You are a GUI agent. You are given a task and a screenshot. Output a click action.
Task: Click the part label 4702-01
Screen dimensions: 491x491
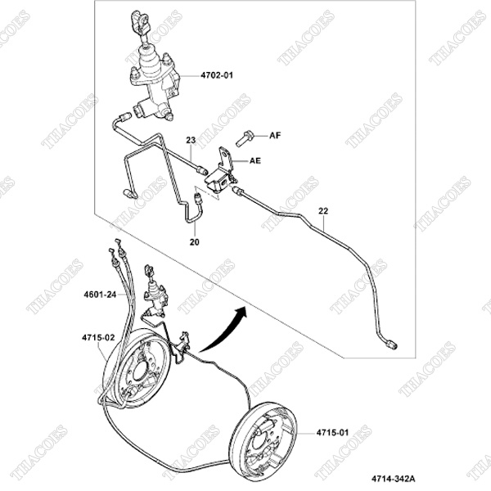[217, 75]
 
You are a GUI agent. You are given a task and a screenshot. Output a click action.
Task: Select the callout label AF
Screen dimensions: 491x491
[275, 135]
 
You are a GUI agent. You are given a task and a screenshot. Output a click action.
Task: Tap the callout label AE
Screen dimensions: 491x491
[255, 160]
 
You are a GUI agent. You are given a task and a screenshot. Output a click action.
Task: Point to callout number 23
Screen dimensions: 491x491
[191, 140]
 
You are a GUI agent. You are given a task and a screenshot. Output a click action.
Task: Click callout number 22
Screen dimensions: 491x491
[323, 211]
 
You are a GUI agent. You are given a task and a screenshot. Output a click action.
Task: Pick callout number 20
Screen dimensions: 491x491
[195, 242]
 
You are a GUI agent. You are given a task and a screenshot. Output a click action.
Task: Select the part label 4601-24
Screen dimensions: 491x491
[100, 295]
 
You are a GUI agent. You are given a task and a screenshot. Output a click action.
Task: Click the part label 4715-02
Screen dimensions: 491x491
[98, 338]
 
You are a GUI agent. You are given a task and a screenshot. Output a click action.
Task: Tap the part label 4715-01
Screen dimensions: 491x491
[332, 433]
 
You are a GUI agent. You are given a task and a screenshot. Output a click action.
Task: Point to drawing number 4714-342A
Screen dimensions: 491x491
[394, 479]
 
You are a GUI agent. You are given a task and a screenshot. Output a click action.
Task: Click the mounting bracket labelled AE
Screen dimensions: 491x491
[221, 173]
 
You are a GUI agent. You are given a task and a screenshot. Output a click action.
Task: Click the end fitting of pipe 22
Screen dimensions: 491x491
[391, 345]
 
